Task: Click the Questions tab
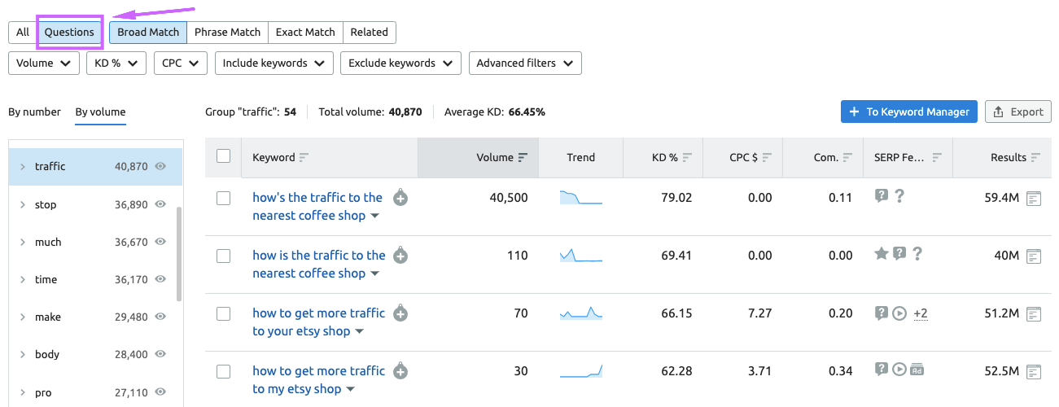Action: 69,33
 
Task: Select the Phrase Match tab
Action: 227,33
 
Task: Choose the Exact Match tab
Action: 305,33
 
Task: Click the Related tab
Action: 369,33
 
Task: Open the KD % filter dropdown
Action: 116,63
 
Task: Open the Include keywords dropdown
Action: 274,63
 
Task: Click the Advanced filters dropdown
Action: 524,63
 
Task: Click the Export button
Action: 1017,112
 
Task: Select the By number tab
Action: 34,112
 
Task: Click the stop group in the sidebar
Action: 46,204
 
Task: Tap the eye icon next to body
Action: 161,354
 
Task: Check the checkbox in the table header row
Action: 223,157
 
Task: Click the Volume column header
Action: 495,158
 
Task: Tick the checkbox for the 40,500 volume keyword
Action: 223,198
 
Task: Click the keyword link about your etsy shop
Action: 318,322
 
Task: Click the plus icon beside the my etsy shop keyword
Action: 400,371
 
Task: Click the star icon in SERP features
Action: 881,254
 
